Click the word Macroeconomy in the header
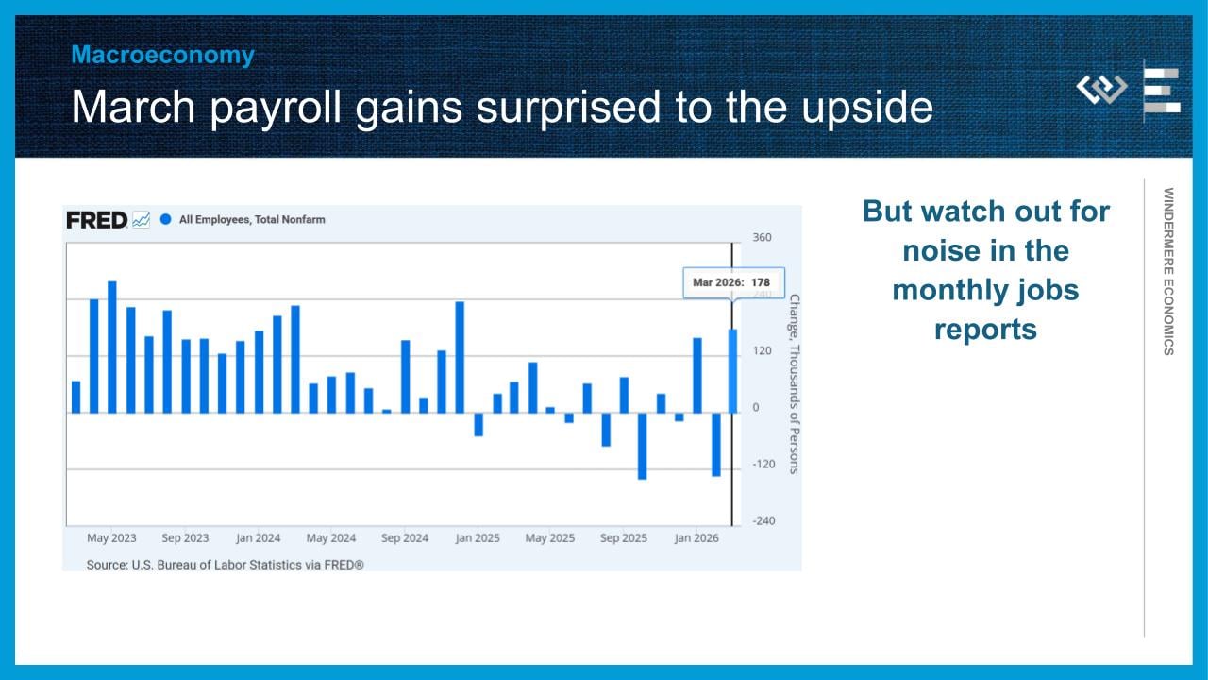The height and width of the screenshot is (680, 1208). (x=163, y=55)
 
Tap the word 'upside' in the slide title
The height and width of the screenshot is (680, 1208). (x=867, y=108)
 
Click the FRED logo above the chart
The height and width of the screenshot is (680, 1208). (x=96, y=220)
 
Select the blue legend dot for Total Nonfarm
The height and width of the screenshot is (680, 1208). (x=165, y=220)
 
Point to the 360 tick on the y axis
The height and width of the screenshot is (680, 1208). (x=762, y=237)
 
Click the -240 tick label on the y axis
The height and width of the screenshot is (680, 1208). (x=763, y=520)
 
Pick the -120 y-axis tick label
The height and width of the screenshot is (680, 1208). (x=763, y=464)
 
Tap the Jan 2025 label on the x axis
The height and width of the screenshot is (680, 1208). (x=478, y=538)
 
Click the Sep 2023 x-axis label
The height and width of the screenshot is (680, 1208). (x=185, y=538)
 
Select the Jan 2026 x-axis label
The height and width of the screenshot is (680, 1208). (x=696, y=538)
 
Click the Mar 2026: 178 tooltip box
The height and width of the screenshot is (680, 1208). (x=733, y=282)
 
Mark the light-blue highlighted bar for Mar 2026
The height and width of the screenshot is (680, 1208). (x=732, y=371)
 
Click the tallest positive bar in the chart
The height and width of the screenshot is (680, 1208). (x=112, y=347)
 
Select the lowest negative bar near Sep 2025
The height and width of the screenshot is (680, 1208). (x=642, y=447)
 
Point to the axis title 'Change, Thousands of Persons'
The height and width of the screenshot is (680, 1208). (x=795, y=384)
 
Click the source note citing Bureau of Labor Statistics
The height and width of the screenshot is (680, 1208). (x=225, y=565)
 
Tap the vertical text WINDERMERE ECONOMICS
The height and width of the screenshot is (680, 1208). (x=1168, y=271)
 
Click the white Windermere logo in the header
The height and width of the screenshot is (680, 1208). (x=1101, y=89)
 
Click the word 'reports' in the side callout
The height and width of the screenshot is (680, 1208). (x=985, y=330)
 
